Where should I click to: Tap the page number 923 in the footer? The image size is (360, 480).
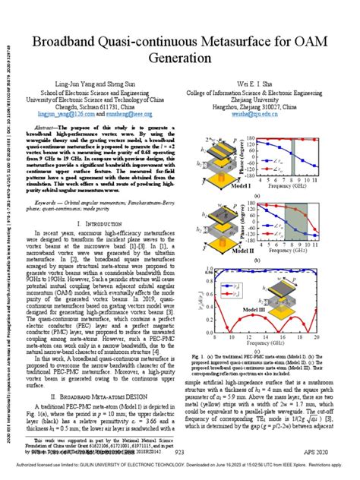[179, 453]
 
